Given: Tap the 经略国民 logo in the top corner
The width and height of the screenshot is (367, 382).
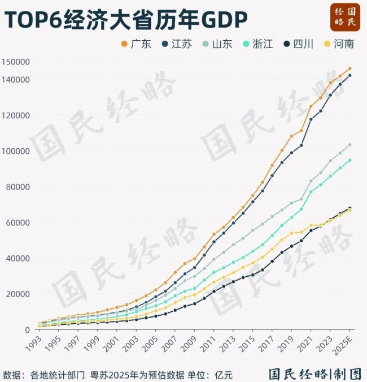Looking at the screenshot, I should [345, 18].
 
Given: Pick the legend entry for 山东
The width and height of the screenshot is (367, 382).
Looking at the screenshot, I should [217, 44].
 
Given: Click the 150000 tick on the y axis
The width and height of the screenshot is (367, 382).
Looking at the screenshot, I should [15, 62].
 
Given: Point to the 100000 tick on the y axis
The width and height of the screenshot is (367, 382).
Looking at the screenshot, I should [15, 151].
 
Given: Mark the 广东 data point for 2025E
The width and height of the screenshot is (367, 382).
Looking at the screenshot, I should [350, 68].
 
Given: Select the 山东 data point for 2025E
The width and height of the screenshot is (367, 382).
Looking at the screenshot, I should [350, 145].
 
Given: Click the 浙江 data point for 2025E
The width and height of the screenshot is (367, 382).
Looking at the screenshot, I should [350, 160].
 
